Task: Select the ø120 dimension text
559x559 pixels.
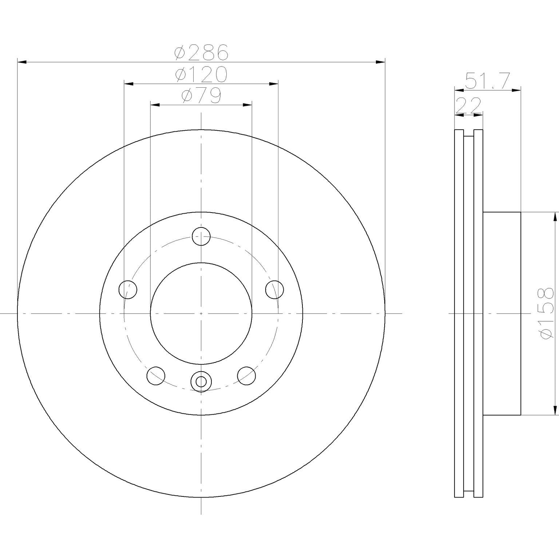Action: [201, 74]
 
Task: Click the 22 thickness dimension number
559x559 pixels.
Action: [469, 106]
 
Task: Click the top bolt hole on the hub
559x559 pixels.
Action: [201, 237]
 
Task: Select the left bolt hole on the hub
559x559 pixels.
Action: [128, 290]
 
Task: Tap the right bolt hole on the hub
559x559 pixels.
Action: [274, 290]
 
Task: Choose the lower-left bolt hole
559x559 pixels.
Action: [156, 376]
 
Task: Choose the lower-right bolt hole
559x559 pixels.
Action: [246, 376]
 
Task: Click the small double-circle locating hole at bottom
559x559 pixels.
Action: [201, 381]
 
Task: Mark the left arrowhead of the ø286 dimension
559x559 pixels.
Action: [22, 63]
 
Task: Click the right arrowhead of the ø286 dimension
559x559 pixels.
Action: [380, 63]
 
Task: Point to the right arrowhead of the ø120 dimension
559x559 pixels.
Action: [274, 84]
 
